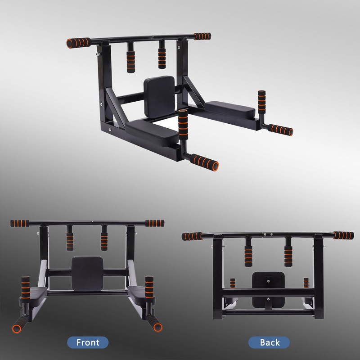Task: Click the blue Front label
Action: coord(88,342)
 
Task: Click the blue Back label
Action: coord(270,342)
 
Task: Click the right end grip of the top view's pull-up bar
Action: coord(202,36)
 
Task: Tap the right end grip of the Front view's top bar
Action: coord(154,223)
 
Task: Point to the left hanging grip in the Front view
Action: coord(70,240)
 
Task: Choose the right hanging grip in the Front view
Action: coord(104,240)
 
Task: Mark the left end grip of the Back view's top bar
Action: coord(192,236)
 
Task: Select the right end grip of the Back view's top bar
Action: coord(343,235)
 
